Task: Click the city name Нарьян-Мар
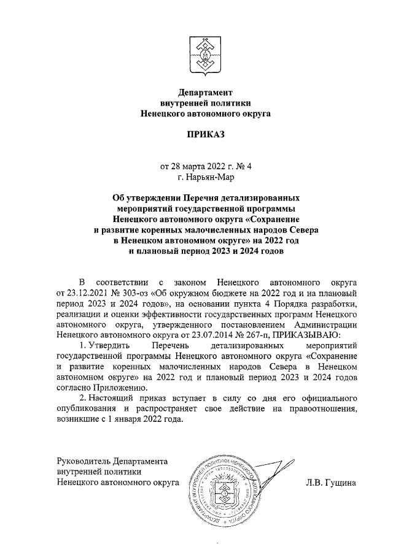click(211, 177)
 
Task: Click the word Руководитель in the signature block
click(82, 461)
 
